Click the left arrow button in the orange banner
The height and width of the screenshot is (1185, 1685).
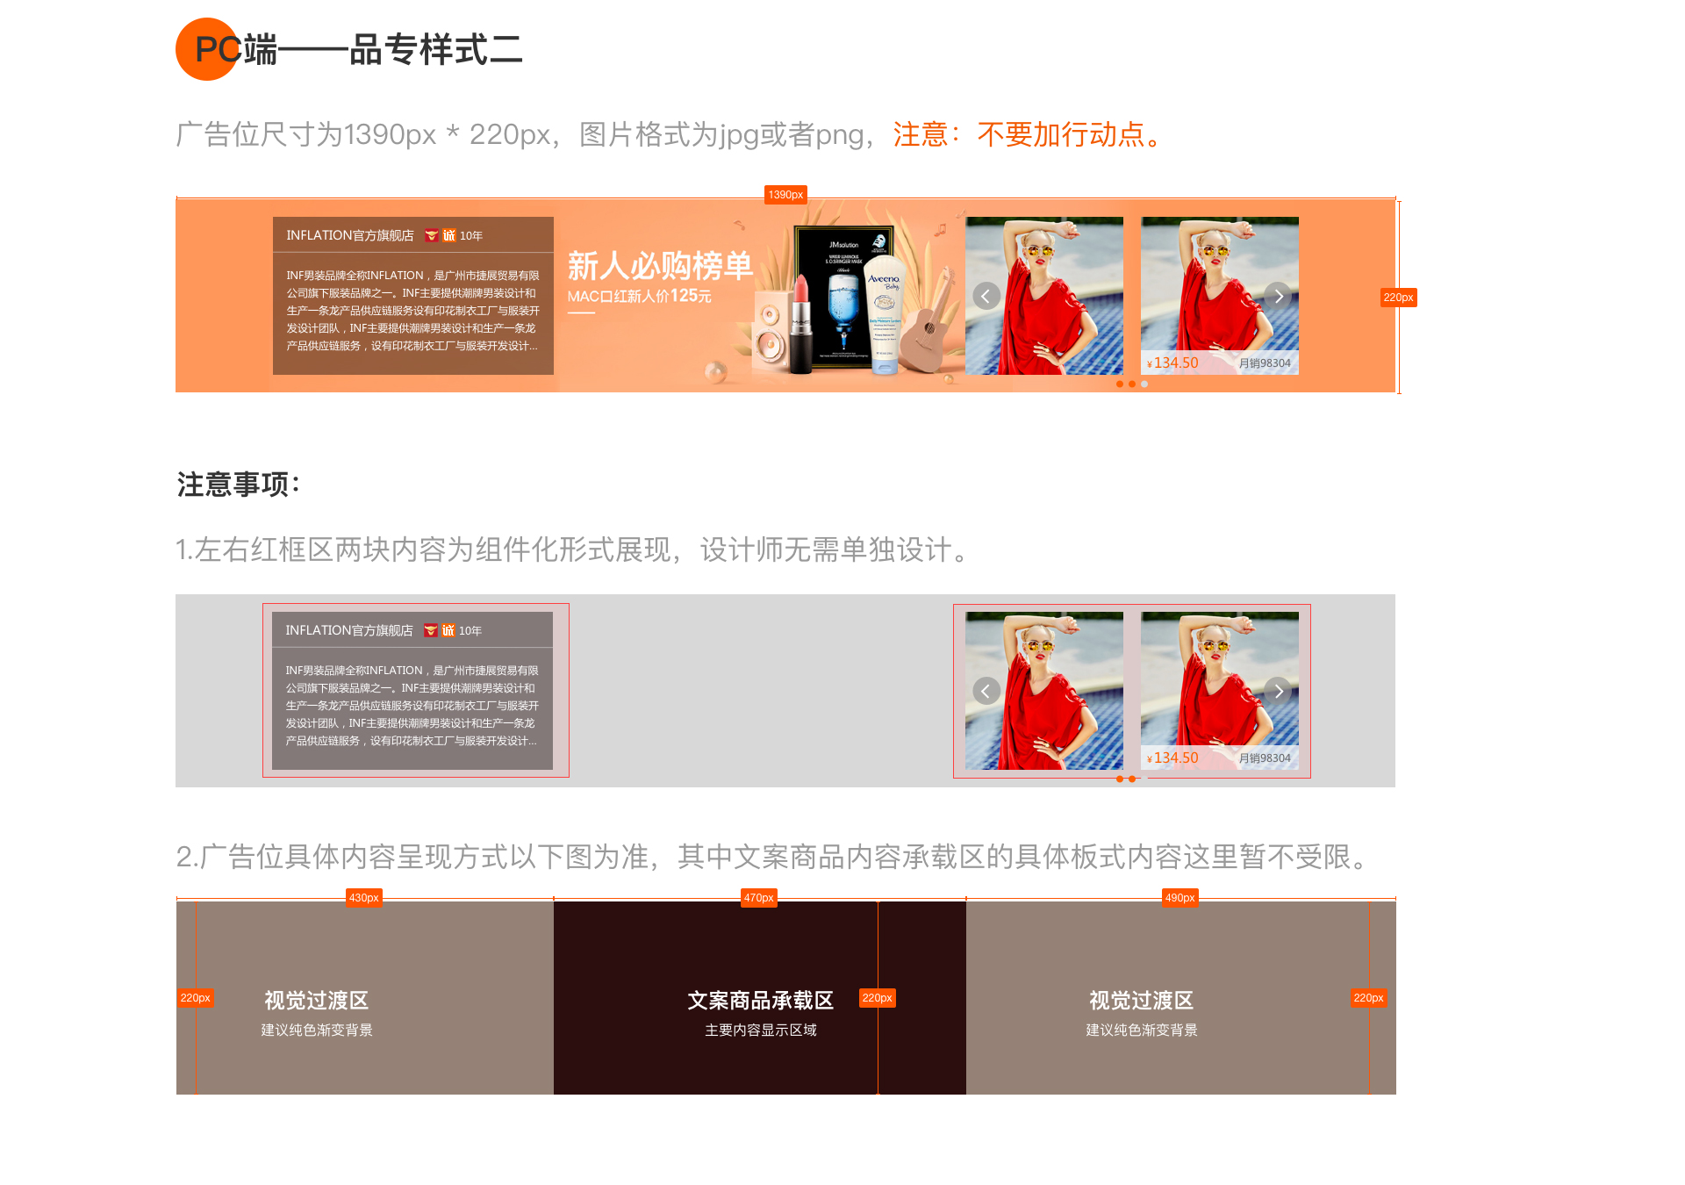[x=986, y=296]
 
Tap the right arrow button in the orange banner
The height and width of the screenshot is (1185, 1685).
[x=1278, y=296]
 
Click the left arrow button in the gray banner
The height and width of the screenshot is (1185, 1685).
[x=986, y=691]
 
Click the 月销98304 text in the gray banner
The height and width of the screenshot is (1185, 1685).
[x=1265, y=758]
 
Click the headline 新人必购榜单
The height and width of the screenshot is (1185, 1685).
[x=660, y=266]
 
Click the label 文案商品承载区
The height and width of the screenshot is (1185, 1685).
[x=760, y=1001]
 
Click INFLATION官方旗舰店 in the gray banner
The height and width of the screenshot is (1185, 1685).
[x=349, y=630]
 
